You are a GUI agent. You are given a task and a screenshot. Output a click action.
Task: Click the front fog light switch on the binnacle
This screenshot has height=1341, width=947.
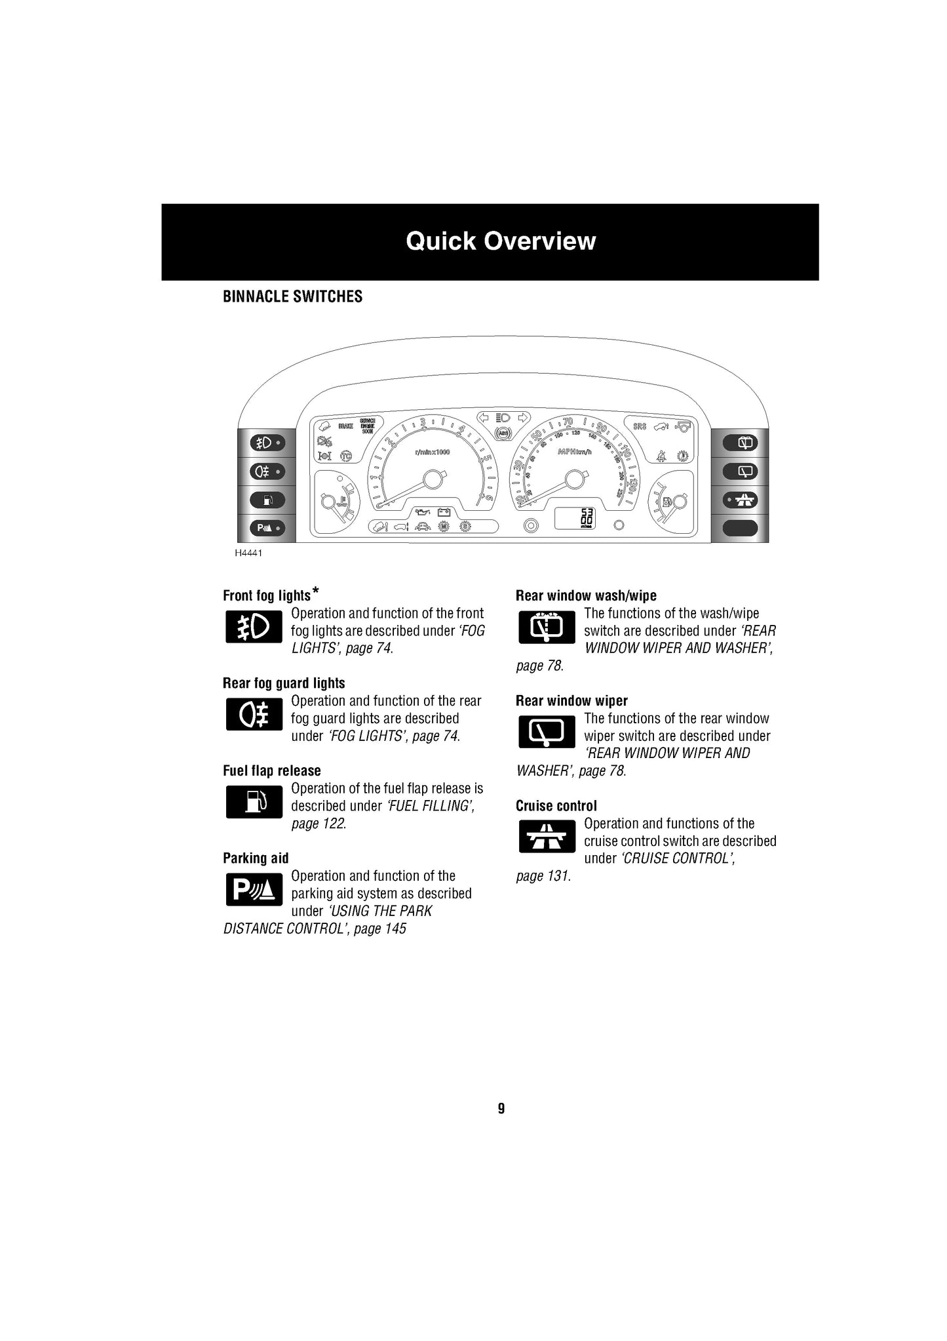[267, 443]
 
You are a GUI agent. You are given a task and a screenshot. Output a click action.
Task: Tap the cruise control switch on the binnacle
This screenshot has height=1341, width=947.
[740, 500]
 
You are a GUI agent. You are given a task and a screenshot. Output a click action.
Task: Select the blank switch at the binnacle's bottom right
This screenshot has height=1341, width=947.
[740, 527]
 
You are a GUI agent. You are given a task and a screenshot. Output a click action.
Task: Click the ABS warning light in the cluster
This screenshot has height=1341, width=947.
[503, 433]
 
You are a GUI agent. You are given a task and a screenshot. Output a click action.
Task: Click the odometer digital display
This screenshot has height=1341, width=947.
[575, 518]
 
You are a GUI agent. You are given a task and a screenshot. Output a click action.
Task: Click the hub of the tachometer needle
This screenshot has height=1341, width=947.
[432, 480]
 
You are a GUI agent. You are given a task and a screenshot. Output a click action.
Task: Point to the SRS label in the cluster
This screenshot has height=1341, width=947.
[640, 426]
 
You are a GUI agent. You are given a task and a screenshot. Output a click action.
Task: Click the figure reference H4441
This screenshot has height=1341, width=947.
[248, 553]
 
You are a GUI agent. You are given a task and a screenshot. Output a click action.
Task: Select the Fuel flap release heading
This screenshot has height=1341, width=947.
[272, 771]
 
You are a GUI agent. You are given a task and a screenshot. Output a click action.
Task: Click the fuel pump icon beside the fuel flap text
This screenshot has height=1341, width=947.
[254, 801]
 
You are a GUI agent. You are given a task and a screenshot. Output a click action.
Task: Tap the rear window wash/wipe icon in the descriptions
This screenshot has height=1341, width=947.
[546, 627]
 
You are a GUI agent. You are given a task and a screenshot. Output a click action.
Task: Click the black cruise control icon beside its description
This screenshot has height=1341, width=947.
[546, 836]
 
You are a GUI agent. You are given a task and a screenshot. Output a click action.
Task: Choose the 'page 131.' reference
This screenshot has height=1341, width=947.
[543, 876]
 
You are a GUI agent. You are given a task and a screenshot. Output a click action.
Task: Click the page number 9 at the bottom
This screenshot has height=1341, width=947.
[501, 1109]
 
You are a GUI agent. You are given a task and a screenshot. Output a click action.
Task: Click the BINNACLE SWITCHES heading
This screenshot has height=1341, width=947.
[292, 296]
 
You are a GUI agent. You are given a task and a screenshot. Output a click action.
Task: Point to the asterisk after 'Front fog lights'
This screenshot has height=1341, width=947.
[316, 591]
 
